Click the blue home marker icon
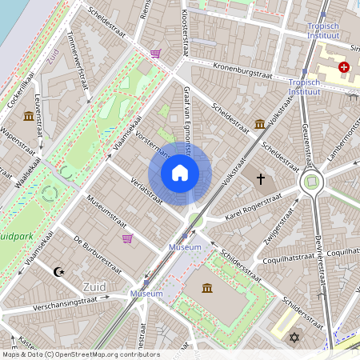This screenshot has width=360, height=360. (180, 172)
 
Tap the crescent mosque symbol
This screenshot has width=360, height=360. (58, 273)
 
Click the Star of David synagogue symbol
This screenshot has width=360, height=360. (293, 339)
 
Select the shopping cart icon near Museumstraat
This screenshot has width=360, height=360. (126, 238)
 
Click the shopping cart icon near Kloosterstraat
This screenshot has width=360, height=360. (155, 54)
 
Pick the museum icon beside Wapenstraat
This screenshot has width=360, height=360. (30, 116)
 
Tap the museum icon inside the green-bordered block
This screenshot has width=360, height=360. (207, 288)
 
